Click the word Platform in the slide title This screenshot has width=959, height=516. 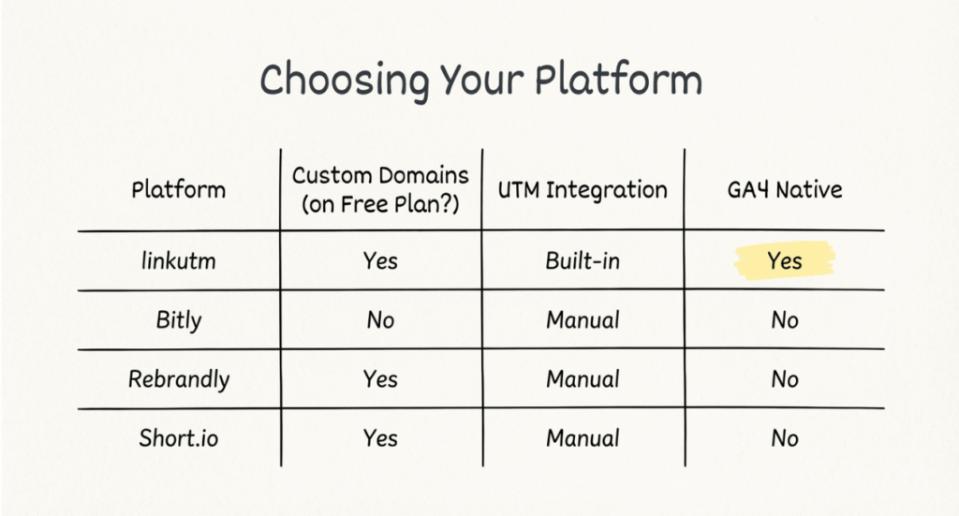(618, 81)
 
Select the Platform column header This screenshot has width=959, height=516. (178, 190)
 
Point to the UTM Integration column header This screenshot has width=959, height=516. (583, 190)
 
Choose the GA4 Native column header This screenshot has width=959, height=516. (785, 190)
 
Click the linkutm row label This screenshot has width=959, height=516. (178, 260)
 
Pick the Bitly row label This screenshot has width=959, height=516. (178, 320)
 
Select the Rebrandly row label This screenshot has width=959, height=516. (178, 379)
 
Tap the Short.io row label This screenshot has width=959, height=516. (178, 438)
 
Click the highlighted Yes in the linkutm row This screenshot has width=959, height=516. (785, 261)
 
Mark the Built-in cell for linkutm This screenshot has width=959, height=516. (583, 261)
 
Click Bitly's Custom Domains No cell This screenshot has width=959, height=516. (380, 320)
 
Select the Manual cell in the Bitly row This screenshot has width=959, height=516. (583, 320)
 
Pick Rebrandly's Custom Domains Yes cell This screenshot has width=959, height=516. (380, 379)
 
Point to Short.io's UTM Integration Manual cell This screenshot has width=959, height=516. (583, 438)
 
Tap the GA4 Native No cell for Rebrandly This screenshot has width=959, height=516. (785, 379)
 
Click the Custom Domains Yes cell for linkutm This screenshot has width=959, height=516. (380, 261)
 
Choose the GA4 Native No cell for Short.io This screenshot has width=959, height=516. (785, 438)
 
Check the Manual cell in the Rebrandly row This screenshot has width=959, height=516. (583, 379)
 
